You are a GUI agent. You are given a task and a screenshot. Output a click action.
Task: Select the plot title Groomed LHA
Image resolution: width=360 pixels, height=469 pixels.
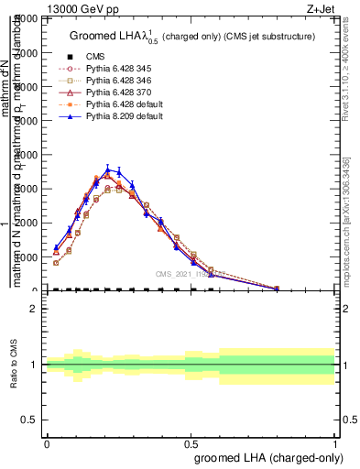[x=192, y=36]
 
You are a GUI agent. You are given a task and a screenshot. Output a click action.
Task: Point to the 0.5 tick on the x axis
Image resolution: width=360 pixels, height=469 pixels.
[x=191, y=443]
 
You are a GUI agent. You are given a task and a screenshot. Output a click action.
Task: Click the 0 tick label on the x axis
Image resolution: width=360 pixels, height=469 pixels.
[x=47, y=443]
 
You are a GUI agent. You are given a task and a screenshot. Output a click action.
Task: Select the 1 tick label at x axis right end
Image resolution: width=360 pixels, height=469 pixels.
[x=334, y=443]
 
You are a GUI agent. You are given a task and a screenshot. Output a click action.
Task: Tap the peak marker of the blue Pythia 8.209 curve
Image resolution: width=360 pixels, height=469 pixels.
[x=108, y=169]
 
